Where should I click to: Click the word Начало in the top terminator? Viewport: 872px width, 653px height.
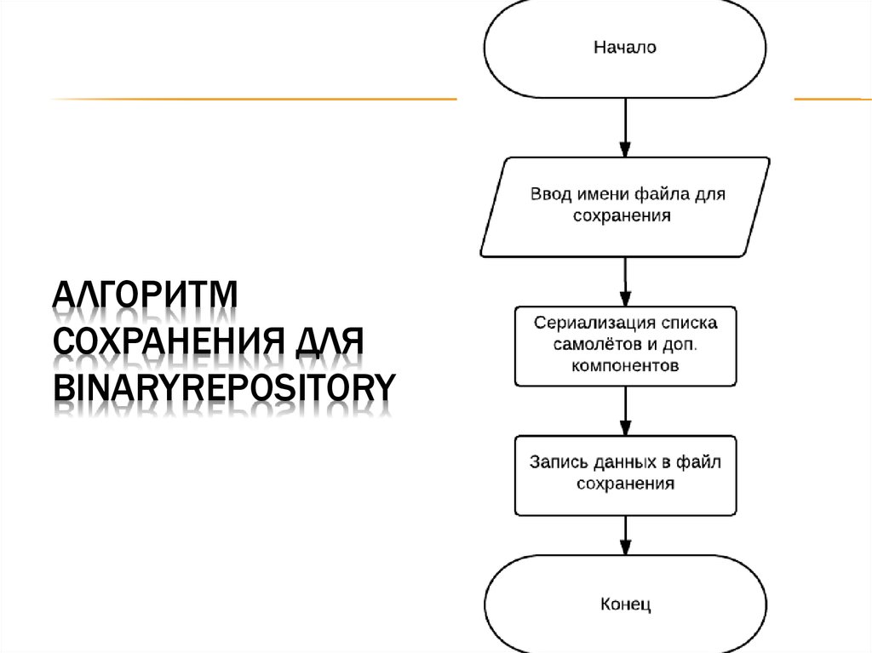coord(624,48)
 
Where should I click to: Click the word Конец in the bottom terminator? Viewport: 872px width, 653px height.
coord(625,605)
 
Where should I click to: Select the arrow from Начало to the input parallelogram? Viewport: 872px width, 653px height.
coord(625,128)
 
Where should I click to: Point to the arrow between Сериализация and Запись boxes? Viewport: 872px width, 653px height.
coord(625,411)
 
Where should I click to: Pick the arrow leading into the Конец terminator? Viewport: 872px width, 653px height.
coord(625,536)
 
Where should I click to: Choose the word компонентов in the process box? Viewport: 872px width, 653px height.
coord(625,367)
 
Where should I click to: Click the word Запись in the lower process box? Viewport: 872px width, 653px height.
coord(555,462)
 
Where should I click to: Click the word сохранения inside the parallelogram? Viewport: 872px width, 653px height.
coord(622,216)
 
